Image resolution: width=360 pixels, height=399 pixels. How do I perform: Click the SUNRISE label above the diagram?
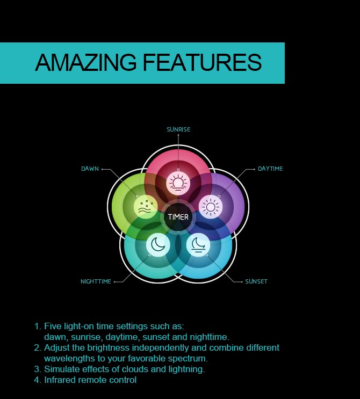point(178,129)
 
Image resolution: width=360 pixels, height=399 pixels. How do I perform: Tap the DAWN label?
point(90,169)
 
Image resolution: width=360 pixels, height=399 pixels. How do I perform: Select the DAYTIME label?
point(270,169)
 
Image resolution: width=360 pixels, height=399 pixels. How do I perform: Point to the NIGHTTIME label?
point(96,281)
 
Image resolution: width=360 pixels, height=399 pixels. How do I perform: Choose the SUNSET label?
point(256,281)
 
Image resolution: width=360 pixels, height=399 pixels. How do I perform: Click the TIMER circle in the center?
point(178,217)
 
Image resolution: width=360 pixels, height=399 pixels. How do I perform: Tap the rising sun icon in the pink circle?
point(178,183)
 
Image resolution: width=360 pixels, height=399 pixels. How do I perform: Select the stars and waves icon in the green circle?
point(146,207)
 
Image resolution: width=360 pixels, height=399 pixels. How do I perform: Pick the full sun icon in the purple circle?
point(211,207)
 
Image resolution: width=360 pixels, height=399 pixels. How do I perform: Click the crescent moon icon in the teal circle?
point(158,244)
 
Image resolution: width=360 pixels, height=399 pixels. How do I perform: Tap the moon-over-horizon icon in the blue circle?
point(198,244)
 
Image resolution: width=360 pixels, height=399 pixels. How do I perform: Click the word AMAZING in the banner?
point(85,62)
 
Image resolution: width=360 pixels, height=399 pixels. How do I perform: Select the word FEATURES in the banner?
point(202,62)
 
